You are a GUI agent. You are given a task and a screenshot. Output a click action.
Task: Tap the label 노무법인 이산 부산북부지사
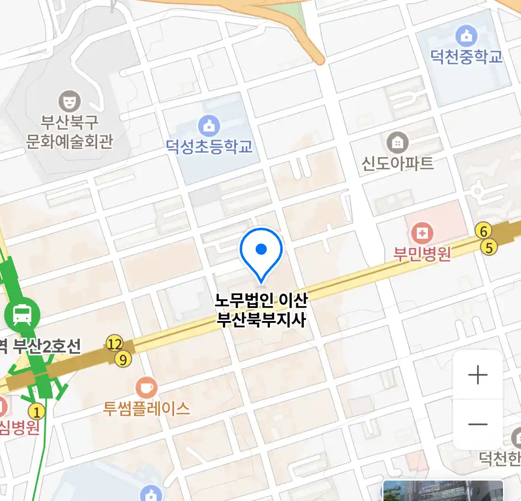point(261,310)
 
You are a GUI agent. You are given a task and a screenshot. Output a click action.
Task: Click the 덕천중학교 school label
point(466,57)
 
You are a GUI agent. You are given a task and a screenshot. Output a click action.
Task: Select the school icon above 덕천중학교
point(466,36)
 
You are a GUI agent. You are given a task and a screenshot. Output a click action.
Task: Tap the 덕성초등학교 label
point(209,147)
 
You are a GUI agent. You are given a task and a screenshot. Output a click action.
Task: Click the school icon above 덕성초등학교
point(209,126)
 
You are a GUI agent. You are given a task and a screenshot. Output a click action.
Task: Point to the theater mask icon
point(69,101)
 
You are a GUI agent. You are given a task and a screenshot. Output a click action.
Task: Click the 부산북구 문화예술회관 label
point(69,132)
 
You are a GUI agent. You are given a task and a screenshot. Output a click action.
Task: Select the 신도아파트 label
point(397,163)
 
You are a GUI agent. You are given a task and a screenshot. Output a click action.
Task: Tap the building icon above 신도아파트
point(397,143)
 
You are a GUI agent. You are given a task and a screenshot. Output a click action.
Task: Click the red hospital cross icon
point(422,233)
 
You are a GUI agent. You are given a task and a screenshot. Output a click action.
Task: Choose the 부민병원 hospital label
point(422,254)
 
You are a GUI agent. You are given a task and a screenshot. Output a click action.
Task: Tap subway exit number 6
point(484,231)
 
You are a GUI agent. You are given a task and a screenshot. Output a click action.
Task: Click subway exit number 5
point(489,247)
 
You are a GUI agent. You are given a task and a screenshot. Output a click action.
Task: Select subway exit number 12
point(114,344)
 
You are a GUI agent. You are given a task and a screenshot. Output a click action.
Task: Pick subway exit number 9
point(123,359)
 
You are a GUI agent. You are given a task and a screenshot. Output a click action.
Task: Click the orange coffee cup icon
point(146,388)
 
